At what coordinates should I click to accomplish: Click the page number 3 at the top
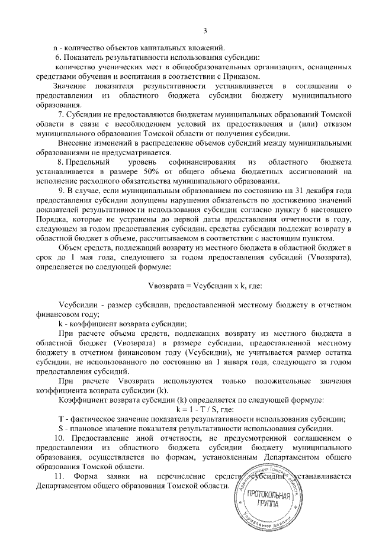coord(204,30)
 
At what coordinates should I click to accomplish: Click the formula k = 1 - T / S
coord(205,410)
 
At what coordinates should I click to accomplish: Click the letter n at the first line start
coord(55,47)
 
